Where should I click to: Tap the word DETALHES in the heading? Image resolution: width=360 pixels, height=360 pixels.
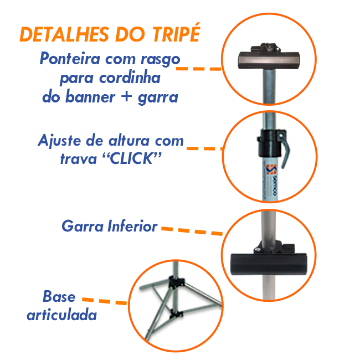pos(64,34)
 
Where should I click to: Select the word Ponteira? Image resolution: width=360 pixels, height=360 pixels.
pos(70,59)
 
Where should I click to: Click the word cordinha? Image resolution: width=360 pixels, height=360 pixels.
pos(130,78)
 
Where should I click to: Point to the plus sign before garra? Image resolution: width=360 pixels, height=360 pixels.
pos(126,96)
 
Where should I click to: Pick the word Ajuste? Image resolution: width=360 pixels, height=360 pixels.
pos(59,141)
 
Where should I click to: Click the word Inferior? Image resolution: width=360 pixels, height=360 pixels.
pos(132,226)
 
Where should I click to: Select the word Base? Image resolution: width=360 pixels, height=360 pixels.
pos(59,296)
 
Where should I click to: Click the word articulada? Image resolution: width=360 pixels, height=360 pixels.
pos(62,315)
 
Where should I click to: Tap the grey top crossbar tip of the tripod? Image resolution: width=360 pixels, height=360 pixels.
pos(269,60)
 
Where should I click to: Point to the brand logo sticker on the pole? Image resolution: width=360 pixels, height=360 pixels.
pos(271,180)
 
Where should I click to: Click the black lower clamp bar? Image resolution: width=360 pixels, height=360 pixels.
pos(269,264)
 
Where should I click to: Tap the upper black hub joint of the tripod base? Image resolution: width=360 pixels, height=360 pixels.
pos(176,282)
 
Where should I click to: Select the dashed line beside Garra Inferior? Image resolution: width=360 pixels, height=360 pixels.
pos(192,231)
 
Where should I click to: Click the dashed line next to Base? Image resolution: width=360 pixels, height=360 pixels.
pos(105,301)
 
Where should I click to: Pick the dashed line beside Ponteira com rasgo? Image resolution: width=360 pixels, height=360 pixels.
pos(199,69)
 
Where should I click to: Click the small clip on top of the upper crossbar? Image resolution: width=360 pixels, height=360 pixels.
pos(266,47)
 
